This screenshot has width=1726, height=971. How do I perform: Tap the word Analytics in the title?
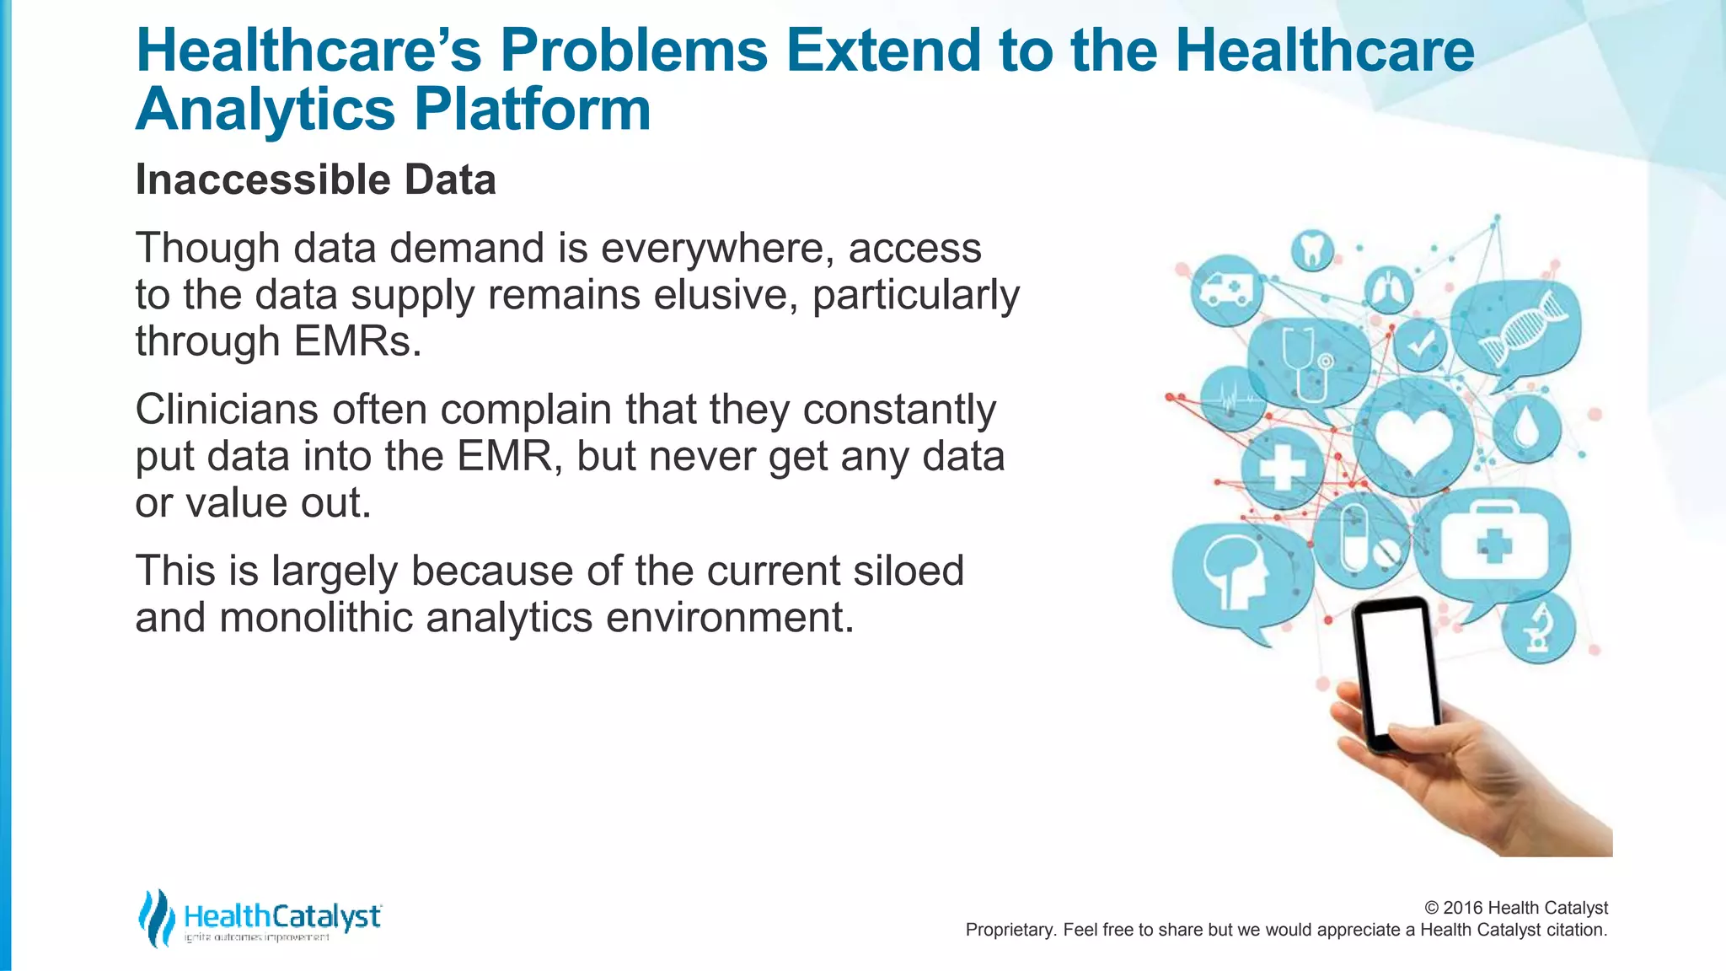pyautogui.click(x=265, y=110)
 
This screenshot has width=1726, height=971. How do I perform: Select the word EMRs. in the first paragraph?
pyautogui.click(x=356, y=341)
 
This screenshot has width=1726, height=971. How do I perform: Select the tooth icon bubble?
pyautogui.click(x=1312, y=250)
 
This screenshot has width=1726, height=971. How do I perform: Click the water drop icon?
pyautogui.click(x=1526, y=428)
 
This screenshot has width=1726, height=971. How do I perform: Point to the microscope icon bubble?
pyautogui.click(x=1539, y=629)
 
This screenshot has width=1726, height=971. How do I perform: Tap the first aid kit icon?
pyautogui.click(x=1493, y=544)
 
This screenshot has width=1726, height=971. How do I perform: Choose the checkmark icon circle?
pyautogui.click(x=1420, y=345)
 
